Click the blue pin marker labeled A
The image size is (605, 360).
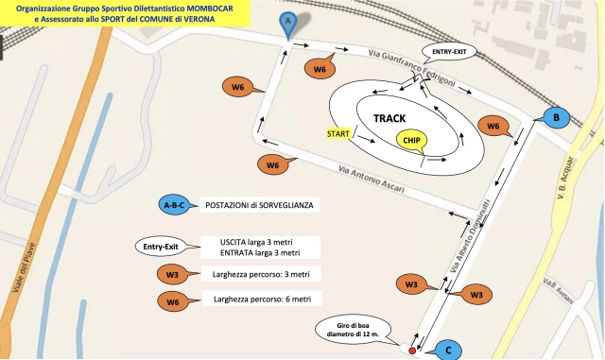(288, 21)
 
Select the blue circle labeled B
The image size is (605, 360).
(557, 117)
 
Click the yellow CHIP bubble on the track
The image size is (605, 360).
(411, 140)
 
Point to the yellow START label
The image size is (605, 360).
(338, 134)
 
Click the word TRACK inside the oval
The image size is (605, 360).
(389, 118)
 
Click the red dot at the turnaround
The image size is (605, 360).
(412, 350)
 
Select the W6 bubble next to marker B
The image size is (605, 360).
(493, 127)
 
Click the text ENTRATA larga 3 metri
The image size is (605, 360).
(259, 253)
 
